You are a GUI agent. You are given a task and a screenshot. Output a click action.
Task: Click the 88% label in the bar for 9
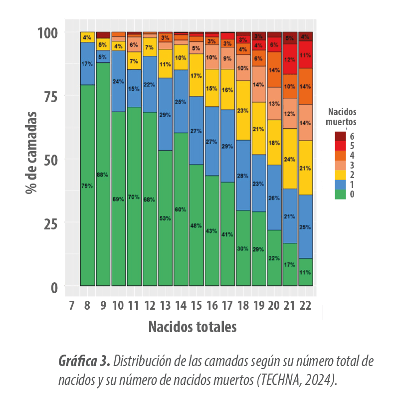103,175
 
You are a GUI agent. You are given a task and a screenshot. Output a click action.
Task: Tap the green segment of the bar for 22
305,272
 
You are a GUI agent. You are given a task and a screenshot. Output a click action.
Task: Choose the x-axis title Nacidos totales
192,327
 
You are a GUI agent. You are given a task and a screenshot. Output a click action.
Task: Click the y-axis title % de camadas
32,152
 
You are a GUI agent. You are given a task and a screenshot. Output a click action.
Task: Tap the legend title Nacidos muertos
341,116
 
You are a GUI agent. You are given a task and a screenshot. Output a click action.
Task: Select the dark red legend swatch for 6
340,136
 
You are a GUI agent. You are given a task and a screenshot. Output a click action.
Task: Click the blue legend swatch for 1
340,185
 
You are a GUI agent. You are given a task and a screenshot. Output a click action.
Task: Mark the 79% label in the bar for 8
87,186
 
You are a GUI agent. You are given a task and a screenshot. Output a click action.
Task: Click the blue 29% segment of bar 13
165,114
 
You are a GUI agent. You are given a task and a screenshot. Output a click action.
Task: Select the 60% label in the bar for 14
181,209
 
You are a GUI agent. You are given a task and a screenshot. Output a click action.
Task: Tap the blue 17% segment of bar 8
87,64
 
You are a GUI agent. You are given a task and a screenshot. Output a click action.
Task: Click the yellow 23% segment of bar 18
243,110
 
